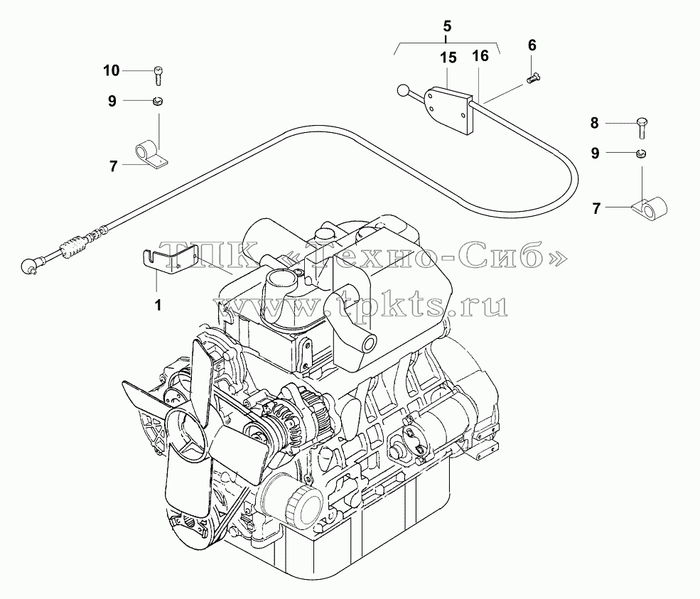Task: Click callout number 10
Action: [x=112, y=70]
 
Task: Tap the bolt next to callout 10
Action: [x=158, y=75]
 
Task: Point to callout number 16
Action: [x=480, y=56]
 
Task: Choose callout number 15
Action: [x=448, y=58]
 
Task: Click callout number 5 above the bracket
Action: [x=447, y=26]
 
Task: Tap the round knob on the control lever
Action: [x=402, y=91]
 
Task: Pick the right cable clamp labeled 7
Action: [x=650, y=208]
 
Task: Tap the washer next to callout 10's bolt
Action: [x=157, y=102]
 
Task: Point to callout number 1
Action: [x=158, y=306]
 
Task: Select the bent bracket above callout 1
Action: [x=171, y=262]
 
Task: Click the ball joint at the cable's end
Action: [x=28, y=266]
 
